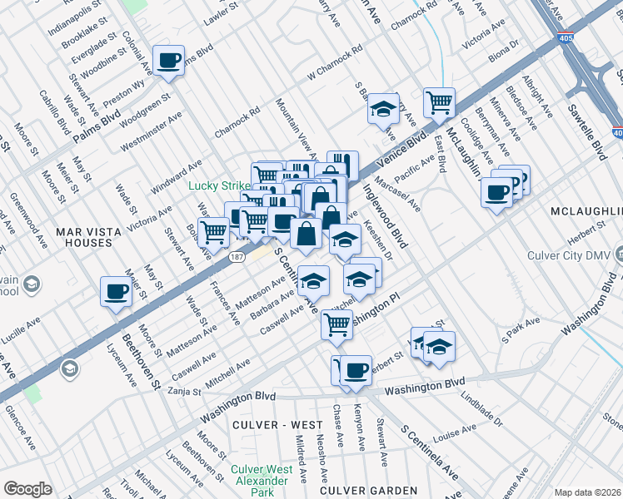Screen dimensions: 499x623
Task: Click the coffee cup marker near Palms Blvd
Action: point(169,61)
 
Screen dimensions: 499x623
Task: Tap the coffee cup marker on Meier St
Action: point(116,292)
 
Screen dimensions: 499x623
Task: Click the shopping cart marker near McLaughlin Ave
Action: point(439,104)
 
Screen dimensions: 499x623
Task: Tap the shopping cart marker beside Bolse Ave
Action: point(215,233)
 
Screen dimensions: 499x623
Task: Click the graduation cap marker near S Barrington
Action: point(383,109)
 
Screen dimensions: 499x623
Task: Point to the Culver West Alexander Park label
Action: point(261,475)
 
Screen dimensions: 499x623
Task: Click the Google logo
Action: point(27,488)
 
